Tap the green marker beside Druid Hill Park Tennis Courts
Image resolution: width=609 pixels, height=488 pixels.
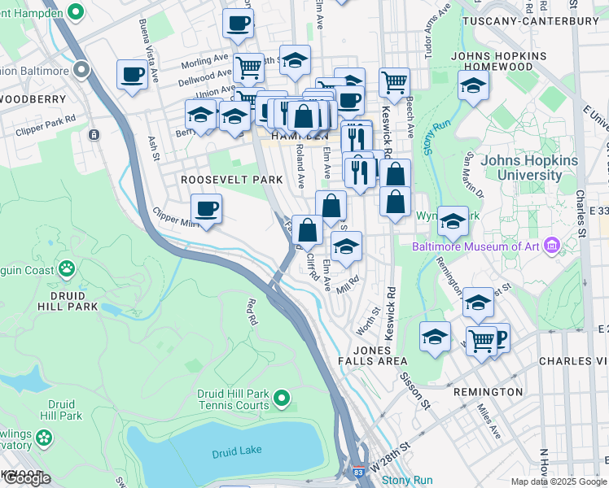click(x=282, y=398)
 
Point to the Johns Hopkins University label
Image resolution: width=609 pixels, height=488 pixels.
click(x=528, y=167)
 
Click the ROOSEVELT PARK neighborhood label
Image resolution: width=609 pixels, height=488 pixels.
click(x=232, y=179)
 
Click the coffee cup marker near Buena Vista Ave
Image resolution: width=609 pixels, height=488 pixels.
click(x=133, y=76)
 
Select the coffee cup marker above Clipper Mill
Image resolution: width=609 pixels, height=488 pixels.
click(x=207, y=209)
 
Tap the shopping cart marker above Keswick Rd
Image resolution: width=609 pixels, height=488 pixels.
click(x=394, y=81)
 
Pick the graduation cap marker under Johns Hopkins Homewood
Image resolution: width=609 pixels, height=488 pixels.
click(x=473, y=85)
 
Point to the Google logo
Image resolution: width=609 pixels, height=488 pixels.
click(x=27, y=478)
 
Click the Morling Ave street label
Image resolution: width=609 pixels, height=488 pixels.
click(x=204, y=62)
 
